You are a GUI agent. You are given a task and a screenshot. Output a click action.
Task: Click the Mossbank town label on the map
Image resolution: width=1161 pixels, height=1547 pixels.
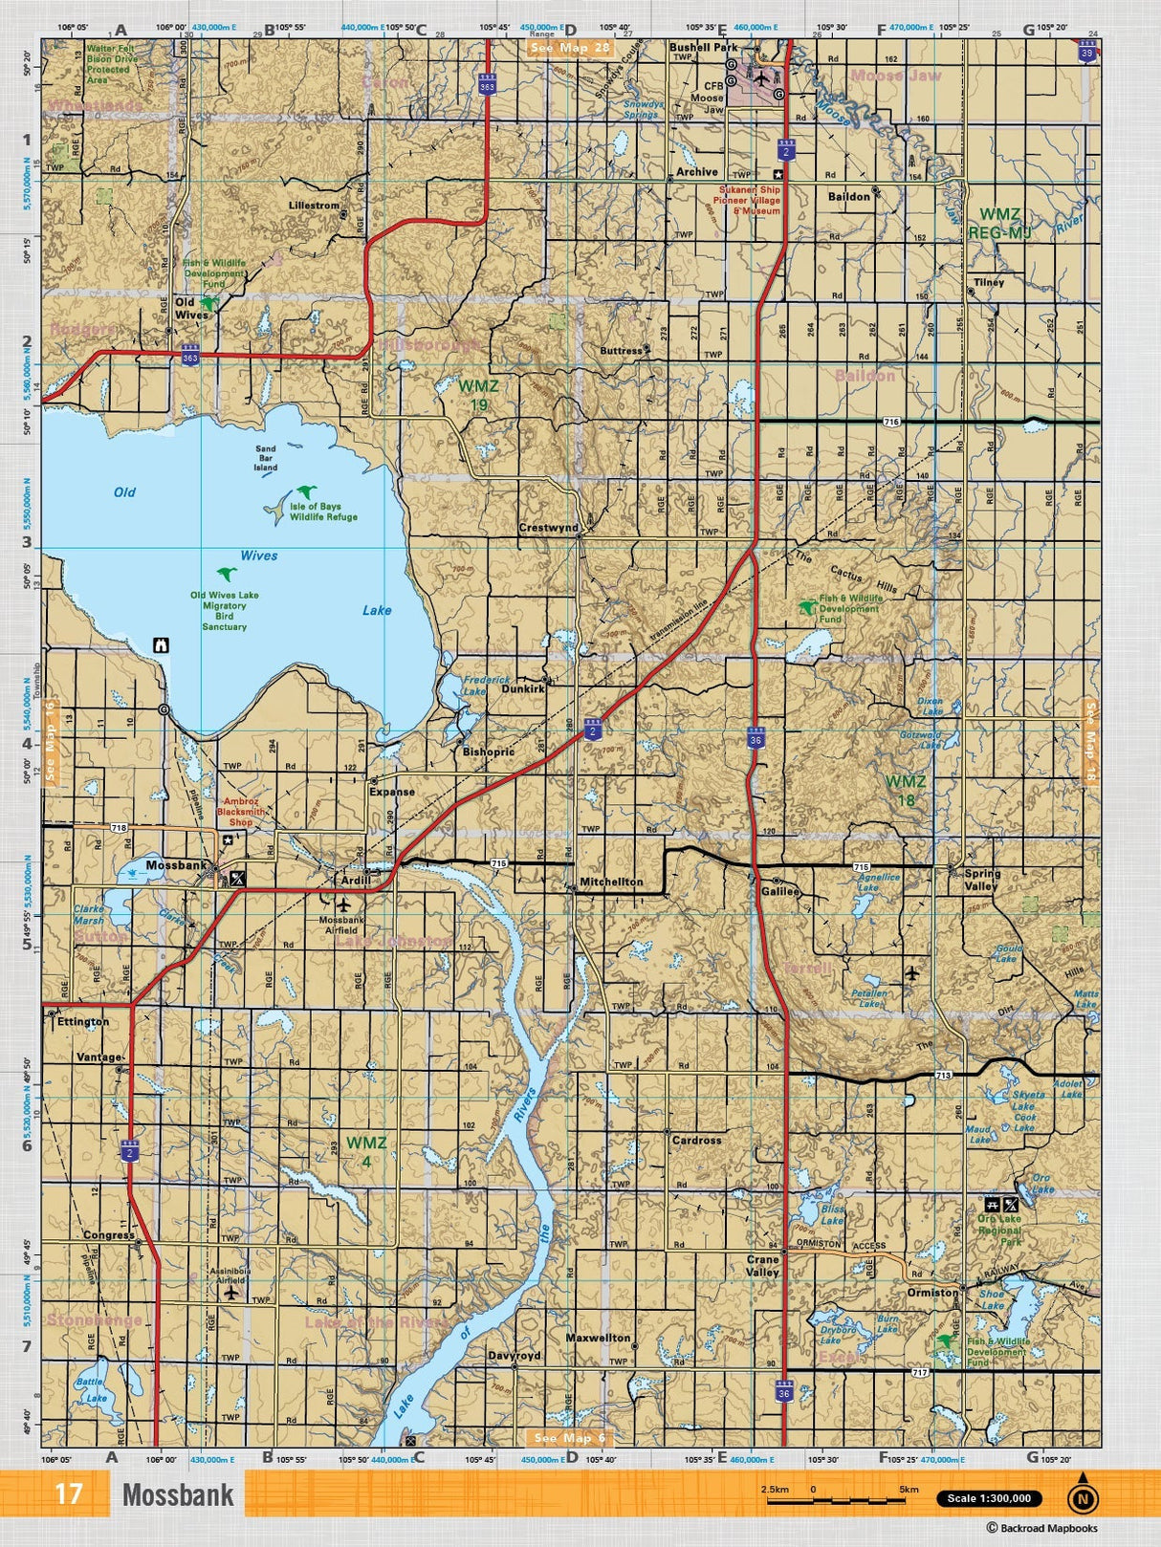[x=176, y=865]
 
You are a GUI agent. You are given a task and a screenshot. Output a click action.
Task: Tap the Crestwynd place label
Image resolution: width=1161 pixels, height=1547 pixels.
[x=548, y=528]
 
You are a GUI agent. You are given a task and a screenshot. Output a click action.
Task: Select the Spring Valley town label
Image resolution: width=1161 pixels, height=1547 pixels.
[x=981, y=880]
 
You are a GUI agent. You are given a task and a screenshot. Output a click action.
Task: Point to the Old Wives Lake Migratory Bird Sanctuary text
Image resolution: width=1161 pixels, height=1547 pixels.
[x=224, y=611]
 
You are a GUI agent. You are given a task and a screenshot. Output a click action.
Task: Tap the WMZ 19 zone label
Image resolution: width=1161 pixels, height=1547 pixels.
[x=478, y=395]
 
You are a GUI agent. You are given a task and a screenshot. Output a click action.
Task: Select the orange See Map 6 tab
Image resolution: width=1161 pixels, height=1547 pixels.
[x=569, y=1438]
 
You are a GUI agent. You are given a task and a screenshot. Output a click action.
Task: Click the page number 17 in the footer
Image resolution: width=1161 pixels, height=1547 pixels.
[x=68, y=1494]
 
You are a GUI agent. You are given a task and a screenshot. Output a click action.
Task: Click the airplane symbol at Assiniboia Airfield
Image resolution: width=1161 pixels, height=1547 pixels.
[x=230, y=1293]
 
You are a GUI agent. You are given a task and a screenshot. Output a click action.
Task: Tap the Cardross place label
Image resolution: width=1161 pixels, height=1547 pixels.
[x=696, y=1140]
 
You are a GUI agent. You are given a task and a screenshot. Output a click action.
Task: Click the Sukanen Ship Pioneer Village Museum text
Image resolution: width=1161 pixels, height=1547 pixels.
[x=750, y=200]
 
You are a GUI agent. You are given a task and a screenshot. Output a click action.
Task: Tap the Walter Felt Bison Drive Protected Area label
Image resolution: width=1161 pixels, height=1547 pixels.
[x=112, y=63]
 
